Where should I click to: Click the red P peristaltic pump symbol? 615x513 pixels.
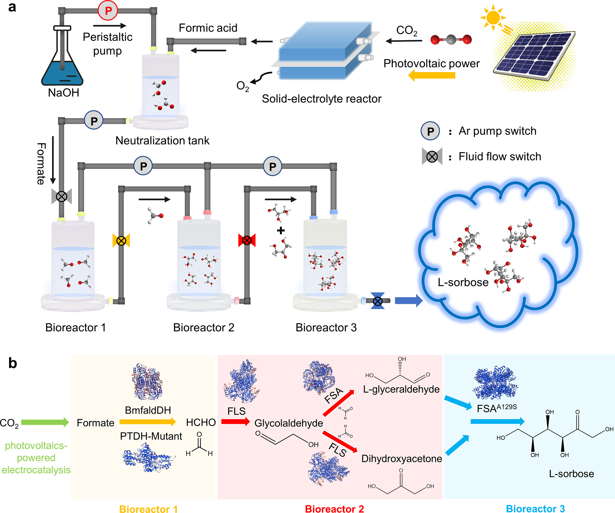tap(108, 11)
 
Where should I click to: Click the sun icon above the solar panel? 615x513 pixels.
tap(493, 18)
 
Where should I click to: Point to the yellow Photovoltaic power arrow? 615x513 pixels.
tap(432, 76)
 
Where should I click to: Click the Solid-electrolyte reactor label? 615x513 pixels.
tap(322, 99)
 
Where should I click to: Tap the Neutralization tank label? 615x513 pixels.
tap(162, 141)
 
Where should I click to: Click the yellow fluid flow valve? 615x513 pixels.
tap(121, 241)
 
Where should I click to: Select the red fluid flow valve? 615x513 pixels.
tap(247, 241)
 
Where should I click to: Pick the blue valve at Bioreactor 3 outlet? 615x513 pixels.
tap(378, 301)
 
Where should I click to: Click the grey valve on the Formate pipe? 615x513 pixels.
tap(62, 196)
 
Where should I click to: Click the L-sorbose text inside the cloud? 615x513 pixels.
tap(463, 282)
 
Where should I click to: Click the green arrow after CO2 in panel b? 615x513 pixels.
tap(45, 422)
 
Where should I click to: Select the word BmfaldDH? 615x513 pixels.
tap(148, 410)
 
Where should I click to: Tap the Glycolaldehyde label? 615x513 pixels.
tap(289, 423)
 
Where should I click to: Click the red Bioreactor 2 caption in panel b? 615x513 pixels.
tap(334, 509)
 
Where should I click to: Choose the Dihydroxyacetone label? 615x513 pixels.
tap(402, 459)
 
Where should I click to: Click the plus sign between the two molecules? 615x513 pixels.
tap(281, 231)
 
